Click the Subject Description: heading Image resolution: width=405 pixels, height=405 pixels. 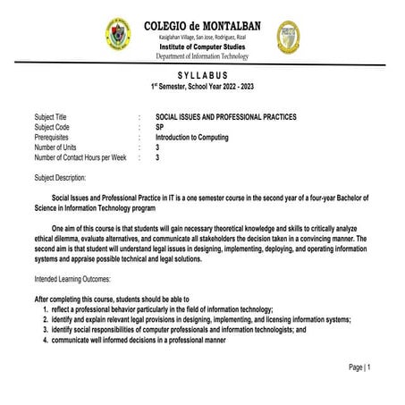tap(60, 177)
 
